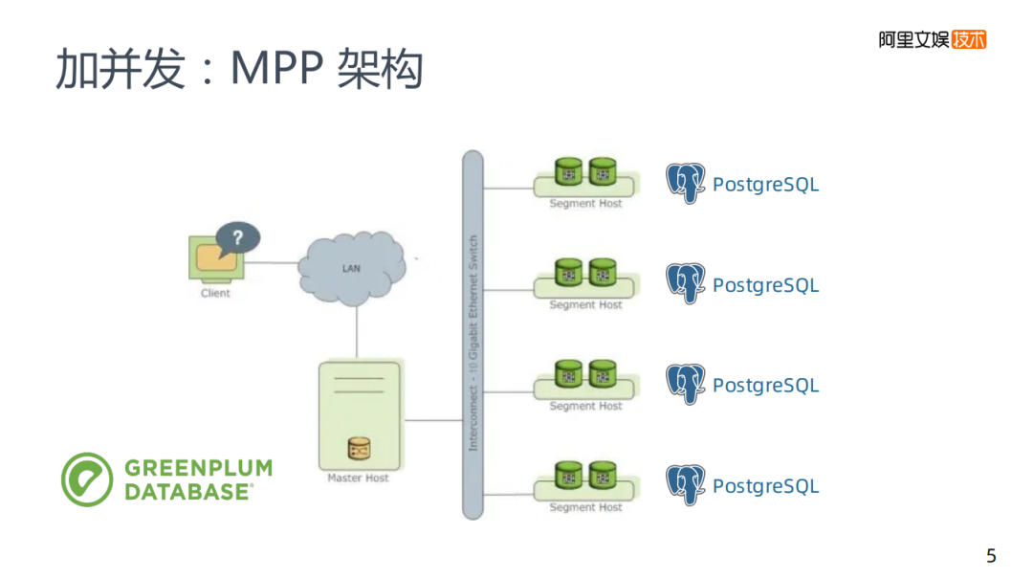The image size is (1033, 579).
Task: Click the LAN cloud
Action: pyautogui.click(x=351, y=268)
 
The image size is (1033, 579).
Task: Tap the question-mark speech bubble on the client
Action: pyautogui.click(x=237, y=238)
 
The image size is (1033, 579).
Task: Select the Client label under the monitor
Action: pyautogui.click(x=215, y=293)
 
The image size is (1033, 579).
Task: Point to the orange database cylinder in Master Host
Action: pyautogui.click(x=359, y=449)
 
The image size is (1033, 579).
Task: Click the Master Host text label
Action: pyautogui.click(x=358, y=478)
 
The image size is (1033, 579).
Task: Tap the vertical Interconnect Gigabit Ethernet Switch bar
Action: pyautogui.click(x=473, y=335)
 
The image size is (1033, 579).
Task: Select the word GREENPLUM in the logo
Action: pyautogui.click(x=198, y=468)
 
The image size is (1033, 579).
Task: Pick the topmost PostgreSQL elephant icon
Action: pyautogui.click(x=686, y=183)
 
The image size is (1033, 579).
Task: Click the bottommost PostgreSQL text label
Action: pyautogui.click(x=765, y=486)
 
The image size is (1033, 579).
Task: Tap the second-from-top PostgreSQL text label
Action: pyautogui.click(x=765, y=285)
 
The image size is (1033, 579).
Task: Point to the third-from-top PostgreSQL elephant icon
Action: pyautogui.click(x=686, y=384)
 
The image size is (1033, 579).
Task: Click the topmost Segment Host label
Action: pyautogui.click(x=585, y=204)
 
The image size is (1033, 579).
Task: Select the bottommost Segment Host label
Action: pyautogui.click(x=585, y=507)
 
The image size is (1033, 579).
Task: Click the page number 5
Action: pyautogui.click(x=991, y=556)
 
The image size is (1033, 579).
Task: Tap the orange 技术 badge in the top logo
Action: pyautogui.click(x=968, y=39)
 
